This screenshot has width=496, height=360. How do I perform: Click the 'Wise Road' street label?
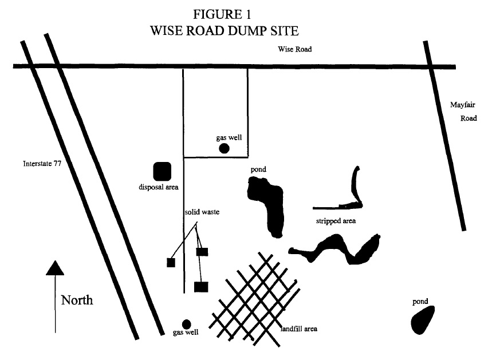click(294, 50)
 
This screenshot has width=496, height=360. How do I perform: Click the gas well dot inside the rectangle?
click(225, 149)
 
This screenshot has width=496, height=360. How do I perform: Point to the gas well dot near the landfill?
click(186, 325)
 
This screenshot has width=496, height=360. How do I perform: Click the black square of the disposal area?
click(162, 171)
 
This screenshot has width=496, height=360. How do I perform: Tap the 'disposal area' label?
click(159, 187)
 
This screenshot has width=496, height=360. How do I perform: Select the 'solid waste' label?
click(202, 212)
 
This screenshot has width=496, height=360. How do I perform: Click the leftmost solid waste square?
click(171, 263)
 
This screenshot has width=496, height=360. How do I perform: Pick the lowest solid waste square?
click(200, 287)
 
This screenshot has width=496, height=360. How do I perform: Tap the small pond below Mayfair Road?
click(423, 319)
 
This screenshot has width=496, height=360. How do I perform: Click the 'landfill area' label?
click(298, 329)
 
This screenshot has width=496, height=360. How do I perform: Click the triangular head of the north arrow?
click(55, 267)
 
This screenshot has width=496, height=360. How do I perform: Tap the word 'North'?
click(77, 300)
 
